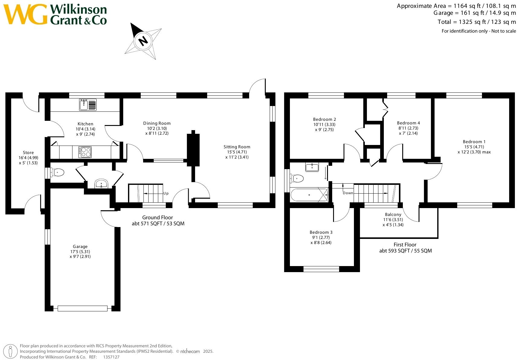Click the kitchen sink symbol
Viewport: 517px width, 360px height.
(88, 104)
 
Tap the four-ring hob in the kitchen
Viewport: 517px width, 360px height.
(85, 152)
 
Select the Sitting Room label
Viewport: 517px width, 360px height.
(237, 147)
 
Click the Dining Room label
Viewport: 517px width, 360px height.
(157, 123)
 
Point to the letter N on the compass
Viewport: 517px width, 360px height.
(143, 40)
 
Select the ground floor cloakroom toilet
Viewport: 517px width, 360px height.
(57, 173)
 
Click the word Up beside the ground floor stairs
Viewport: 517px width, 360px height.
(166, 193)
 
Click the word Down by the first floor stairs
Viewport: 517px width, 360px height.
(348, 193)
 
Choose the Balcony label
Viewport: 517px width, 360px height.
(393, 214)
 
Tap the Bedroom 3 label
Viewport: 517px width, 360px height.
(321, 232)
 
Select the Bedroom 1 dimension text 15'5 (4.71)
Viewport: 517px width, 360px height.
(474, 147)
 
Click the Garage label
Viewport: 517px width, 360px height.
(80, 246)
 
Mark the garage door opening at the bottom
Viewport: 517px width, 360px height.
(82, 308)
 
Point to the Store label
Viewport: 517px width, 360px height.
(28, 153)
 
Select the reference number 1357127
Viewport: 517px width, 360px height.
(111, 357)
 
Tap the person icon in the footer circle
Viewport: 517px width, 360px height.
(10, 352)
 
